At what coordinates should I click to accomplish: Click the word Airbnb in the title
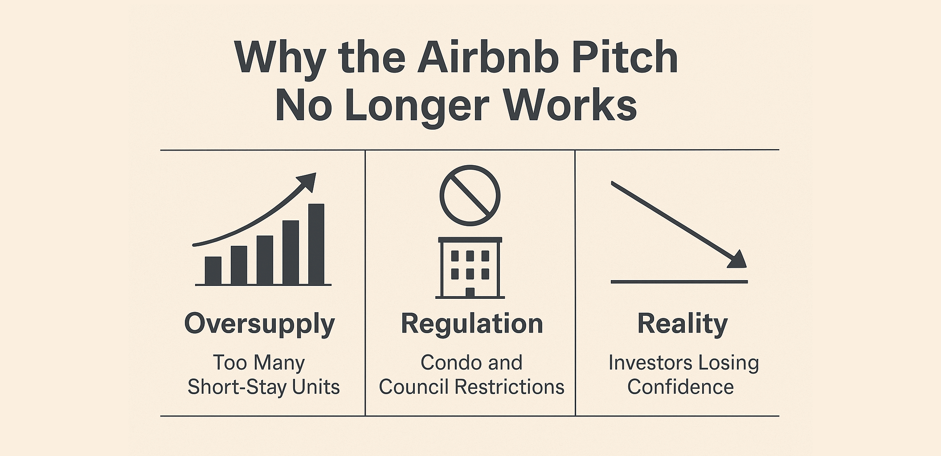[x=488, y=58]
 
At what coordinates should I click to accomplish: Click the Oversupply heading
[x=259, y=324]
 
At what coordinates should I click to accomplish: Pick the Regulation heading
[x=472, y=324]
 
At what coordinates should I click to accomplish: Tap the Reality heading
[x=682, y=324]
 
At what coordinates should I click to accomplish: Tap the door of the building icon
[x=470, y=292]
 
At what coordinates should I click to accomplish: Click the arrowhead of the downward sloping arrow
[x=738, y=261]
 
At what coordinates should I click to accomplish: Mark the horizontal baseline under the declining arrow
[x=679, y=282]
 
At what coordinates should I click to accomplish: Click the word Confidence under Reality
[x=680, y=387]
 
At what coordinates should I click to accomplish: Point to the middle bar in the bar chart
[x=265, y=260]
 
